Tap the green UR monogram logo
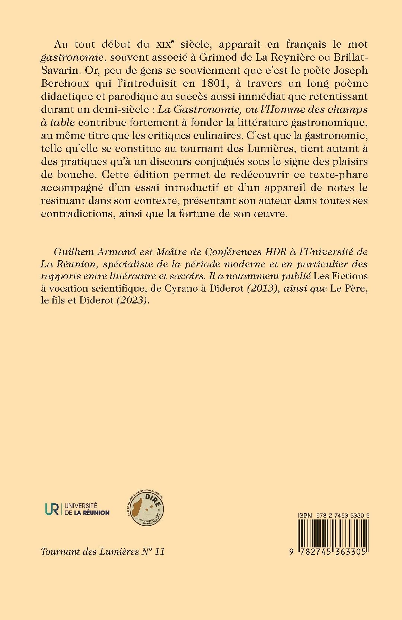pos(50,509)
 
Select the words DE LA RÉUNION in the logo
pos(87,512)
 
